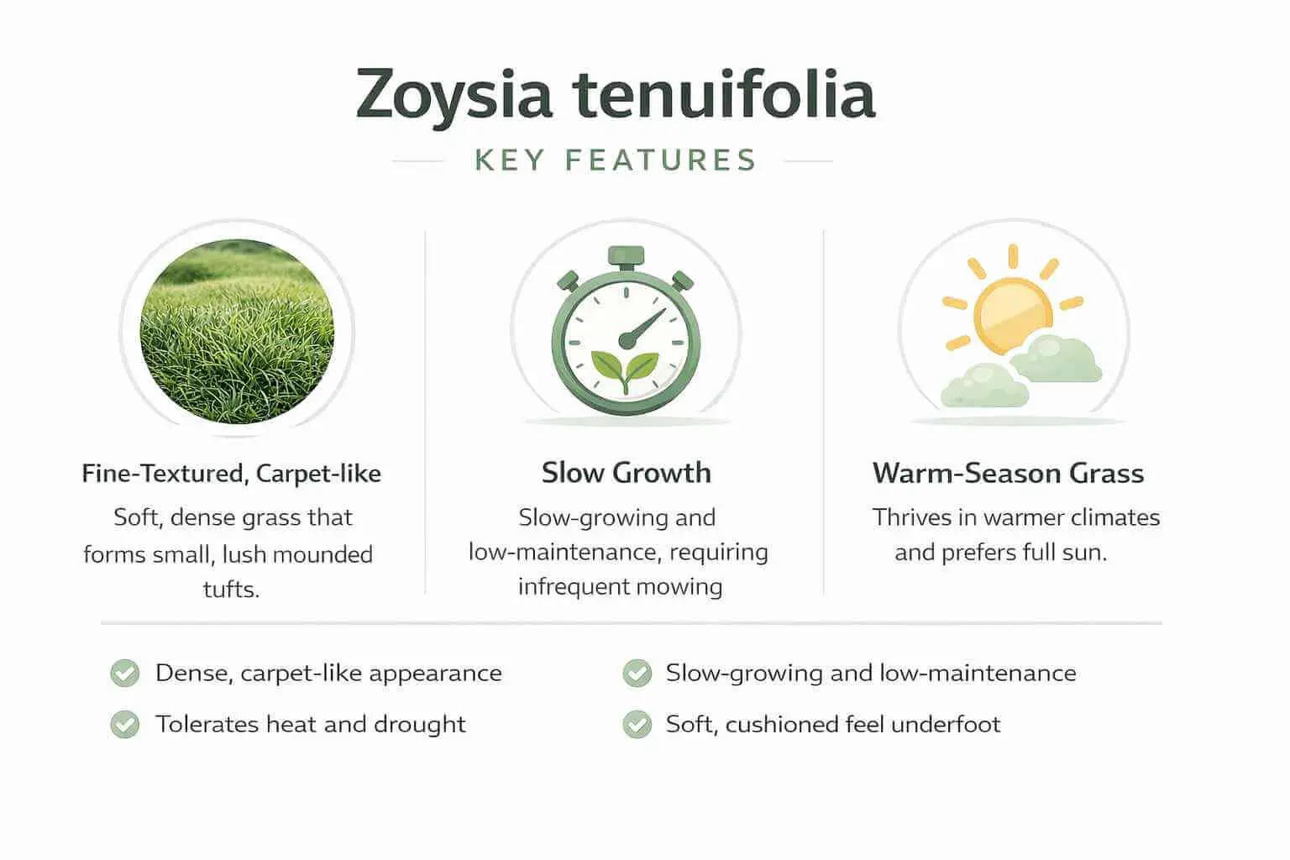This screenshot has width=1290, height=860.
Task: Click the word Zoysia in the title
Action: (x=454, y=95)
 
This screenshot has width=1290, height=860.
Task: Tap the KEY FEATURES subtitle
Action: (x=616, y=160)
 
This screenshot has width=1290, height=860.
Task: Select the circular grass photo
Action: (x=237, y=331)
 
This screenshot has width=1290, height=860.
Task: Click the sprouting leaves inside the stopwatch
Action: (x=625, y=368)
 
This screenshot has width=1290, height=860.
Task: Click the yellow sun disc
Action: (x=1013, y=316)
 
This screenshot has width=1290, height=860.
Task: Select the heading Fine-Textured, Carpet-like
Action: (x=231, y=474)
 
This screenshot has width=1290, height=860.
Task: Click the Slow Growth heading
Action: (x=626, y=473)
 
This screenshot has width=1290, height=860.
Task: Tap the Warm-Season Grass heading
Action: (x=1008, y=474)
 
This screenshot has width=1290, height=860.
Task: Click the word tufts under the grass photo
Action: (x=231, y=589)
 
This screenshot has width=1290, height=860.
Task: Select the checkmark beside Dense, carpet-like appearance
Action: (x=125, y=674)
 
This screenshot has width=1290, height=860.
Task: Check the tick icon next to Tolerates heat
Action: (x=125, y=725)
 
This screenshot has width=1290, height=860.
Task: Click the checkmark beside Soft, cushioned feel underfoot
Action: (x=637, y=725)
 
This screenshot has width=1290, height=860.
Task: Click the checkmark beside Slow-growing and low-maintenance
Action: (x=637, y=674)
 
